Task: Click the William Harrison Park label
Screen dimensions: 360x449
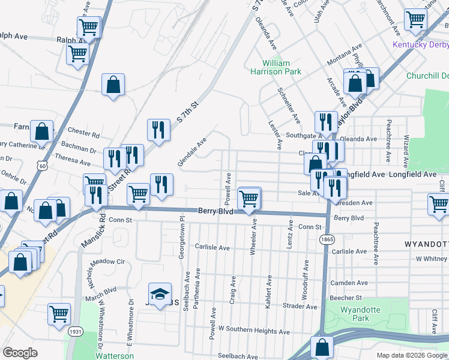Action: coord(276,67)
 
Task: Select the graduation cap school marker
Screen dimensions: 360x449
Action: coord(159,295)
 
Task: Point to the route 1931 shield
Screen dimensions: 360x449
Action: coord(75,331)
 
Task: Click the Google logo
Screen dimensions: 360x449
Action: coord(20,353)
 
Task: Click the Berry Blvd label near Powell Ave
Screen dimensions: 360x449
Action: coord(215,211)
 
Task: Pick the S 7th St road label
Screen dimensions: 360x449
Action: coord(187,111)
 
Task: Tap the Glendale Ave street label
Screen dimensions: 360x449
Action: coord(191,152)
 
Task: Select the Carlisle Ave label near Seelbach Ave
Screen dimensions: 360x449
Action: coord(212,247)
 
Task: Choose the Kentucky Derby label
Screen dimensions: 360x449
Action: coord(420,45)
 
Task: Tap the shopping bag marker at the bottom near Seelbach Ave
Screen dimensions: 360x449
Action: coord(322,346)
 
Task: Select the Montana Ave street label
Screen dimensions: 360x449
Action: coord(345,54)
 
